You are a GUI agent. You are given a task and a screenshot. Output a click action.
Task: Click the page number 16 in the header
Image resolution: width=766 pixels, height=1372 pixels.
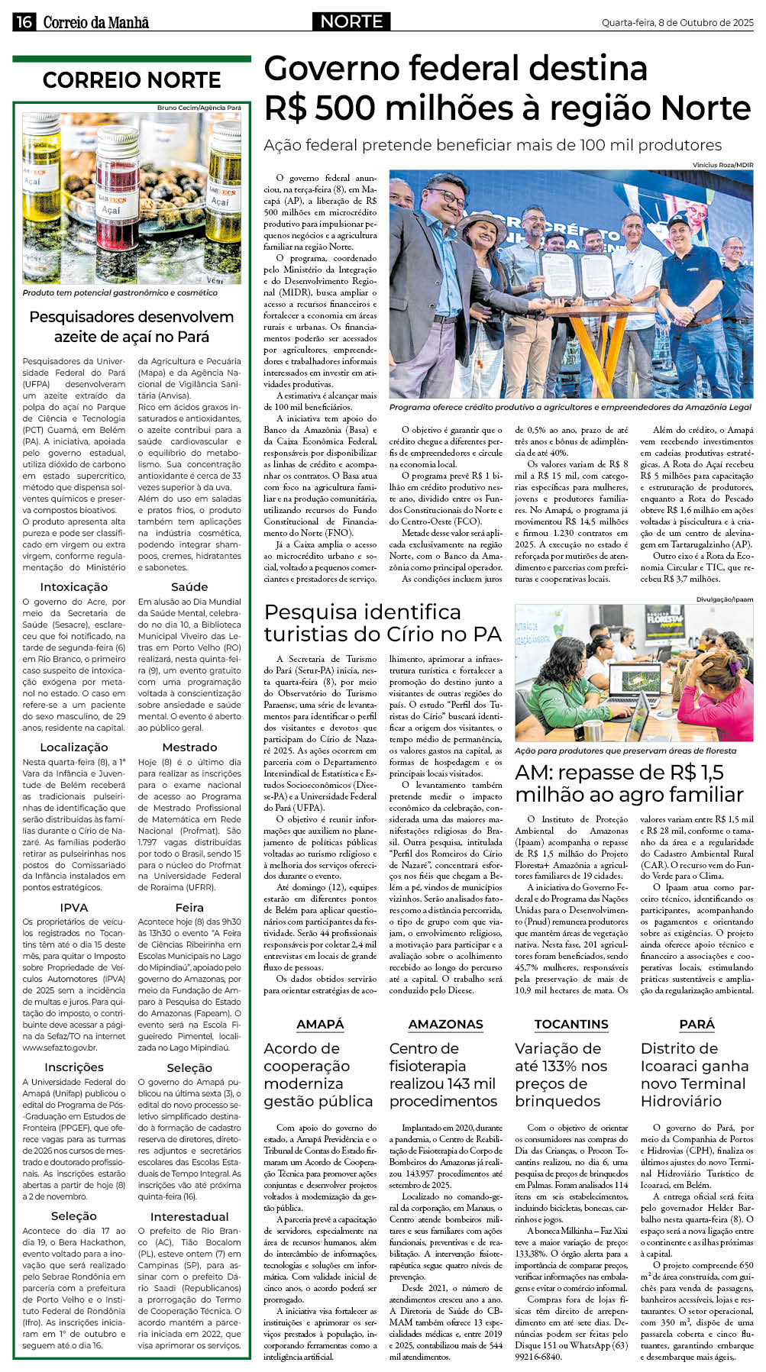(24, 22)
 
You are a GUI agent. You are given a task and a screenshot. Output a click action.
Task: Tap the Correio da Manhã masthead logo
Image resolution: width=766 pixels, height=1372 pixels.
(95, 22)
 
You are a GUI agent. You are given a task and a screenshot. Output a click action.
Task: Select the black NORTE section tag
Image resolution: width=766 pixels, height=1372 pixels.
(351, 22)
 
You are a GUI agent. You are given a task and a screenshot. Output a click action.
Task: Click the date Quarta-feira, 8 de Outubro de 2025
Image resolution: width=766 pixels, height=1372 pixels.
(677, 23)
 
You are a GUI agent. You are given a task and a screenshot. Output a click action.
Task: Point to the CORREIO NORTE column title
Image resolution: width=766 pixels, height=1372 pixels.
(131, 80)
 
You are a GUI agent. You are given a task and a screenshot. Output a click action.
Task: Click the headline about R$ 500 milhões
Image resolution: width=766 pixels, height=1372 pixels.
(506, 89)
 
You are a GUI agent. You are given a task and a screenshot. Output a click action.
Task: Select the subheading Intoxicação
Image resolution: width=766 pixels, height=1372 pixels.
(74, 587)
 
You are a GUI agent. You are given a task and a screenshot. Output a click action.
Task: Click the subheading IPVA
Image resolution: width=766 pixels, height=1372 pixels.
(74, 908)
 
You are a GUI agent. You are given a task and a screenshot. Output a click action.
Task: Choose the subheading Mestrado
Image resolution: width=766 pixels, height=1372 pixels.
(189, 747)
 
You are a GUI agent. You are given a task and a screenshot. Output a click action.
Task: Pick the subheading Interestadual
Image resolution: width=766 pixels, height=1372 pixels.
(189, 1216)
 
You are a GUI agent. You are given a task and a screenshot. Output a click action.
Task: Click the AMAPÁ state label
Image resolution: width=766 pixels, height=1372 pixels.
(320, 1024)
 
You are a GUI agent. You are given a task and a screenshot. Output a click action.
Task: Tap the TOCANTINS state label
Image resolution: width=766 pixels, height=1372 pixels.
(571, 1024)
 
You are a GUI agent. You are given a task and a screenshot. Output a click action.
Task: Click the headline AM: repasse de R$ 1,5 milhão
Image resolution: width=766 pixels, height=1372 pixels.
(629, 783)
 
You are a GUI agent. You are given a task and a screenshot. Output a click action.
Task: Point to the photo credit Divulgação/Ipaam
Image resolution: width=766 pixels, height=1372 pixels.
(724, 599)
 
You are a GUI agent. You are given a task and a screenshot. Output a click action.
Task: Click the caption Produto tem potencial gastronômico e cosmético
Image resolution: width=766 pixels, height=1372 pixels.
(120, 292)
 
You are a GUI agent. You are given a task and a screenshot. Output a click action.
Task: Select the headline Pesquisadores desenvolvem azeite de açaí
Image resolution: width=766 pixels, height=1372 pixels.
(131, 327)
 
